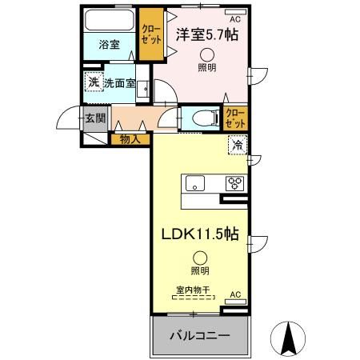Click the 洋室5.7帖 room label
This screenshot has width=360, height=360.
coord(207,34)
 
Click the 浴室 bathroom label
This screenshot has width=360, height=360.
coord(110,45)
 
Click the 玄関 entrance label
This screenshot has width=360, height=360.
coord(93,118)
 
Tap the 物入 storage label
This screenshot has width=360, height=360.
coord(130,139)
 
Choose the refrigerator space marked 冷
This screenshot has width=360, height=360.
coord(238,145)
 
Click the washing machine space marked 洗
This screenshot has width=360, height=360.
coord(94,82)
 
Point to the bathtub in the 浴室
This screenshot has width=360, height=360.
coord(110,20)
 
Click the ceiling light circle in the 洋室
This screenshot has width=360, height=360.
coord(207,54)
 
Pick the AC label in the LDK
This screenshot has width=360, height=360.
coord(235,295)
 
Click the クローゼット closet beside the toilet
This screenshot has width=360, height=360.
coord(235,119)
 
